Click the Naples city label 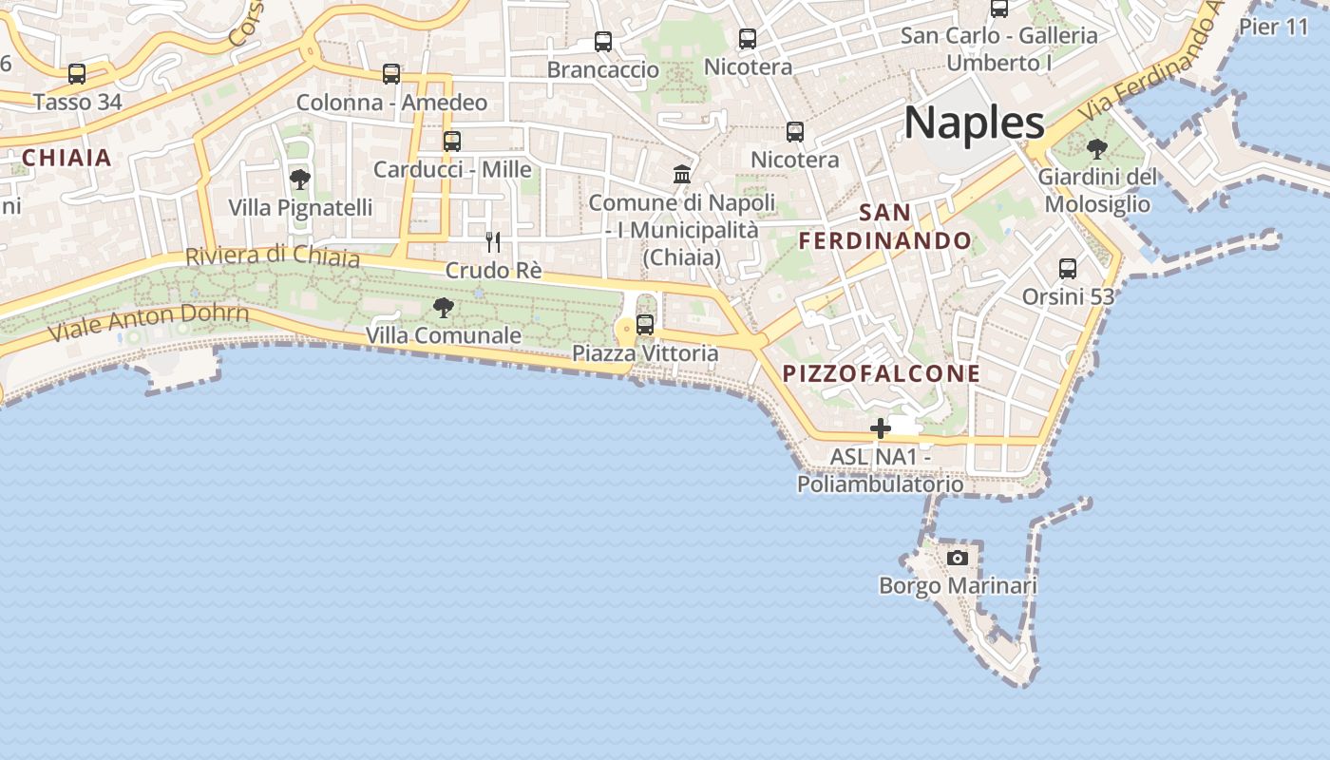[x=974, y=123]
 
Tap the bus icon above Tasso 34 [x=77, y=73]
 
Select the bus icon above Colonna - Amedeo [x=391, y=73]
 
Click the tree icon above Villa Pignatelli [x=300, y=179]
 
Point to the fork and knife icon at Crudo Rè [x=493, y=241]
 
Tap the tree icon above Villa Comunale [x=443, y=307]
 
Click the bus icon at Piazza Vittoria [x=645, y=325]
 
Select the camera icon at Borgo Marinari [x=958, y=558]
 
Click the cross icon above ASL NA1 [x=881, y=428]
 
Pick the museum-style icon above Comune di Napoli [x=682, y=174]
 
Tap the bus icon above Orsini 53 [x=1068, y=269]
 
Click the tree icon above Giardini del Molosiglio [x=1097, y=148]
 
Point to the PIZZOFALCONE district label [x=882, y=373]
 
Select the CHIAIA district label [x=66, y=158]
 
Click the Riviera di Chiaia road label [x=273, y=256]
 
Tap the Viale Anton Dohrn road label [x=149, y=322]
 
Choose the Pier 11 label [x=1274, y=27]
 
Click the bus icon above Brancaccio [x=603, y=42]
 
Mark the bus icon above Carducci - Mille [x=452, y=142]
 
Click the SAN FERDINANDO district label [x=885, y=226]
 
